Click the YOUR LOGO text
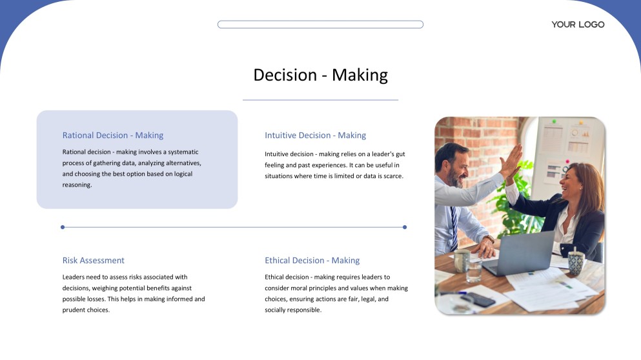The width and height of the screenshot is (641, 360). click(x=578, y=25)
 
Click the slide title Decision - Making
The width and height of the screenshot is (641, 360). click(x=320, y=75)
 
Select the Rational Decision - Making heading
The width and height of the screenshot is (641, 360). click(x=113, y=135)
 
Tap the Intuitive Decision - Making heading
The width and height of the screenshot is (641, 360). click(x=315, y=135)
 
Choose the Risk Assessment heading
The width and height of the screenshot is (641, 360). click(x=93, y=260)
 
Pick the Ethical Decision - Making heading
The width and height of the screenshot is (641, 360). click(x=312, y=260)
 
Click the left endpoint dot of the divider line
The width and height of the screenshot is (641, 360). click(x=63, y=227)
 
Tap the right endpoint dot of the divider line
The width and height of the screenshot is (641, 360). click(x=405, y=227)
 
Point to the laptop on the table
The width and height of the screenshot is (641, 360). click(x=519, y=254)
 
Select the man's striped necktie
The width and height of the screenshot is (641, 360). click(x=454, y=229)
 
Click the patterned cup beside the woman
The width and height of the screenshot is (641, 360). click(x=576, y=263)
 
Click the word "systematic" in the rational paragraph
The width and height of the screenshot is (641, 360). click(x=183, y=152)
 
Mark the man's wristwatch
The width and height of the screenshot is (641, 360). click(x=490, y=239)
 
